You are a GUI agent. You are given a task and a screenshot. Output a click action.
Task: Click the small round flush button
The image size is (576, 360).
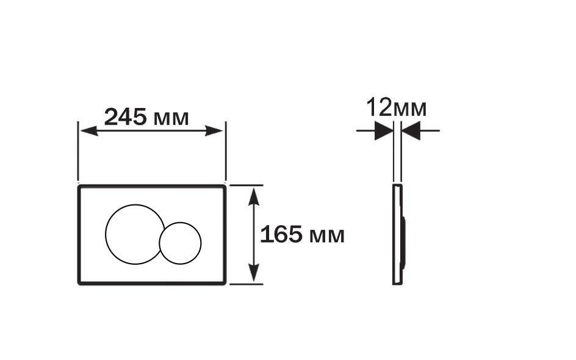(180, 243)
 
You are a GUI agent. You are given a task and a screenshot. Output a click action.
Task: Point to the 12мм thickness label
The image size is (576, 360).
(396, 109)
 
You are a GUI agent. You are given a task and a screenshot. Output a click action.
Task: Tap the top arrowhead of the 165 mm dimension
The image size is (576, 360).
(254, 195)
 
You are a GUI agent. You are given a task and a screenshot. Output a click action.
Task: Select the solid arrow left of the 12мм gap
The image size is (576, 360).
(383, 131)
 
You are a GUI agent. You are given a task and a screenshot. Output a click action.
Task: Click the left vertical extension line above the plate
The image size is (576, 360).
(78, 153)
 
